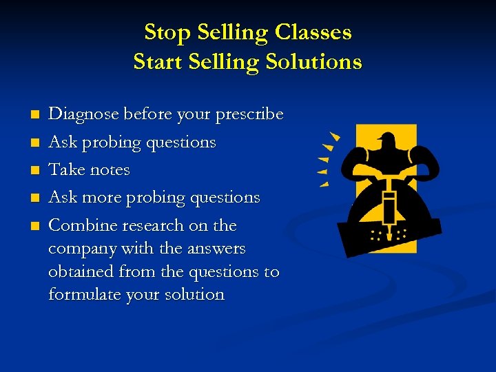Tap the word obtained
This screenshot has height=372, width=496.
click(79, 271)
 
